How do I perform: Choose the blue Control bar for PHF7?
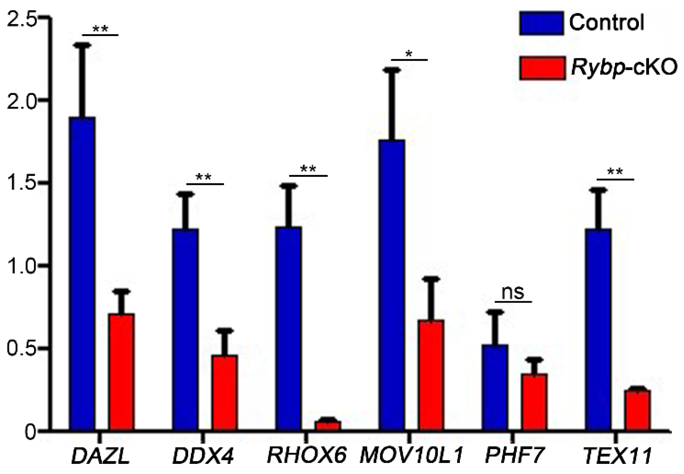coord(495,387)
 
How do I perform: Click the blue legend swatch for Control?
coord(542,23)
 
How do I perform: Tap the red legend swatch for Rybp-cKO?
coord(542,68)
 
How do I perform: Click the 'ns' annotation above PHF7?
coord(513,292)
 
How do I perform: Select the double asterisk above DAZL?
coord(100,29)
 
